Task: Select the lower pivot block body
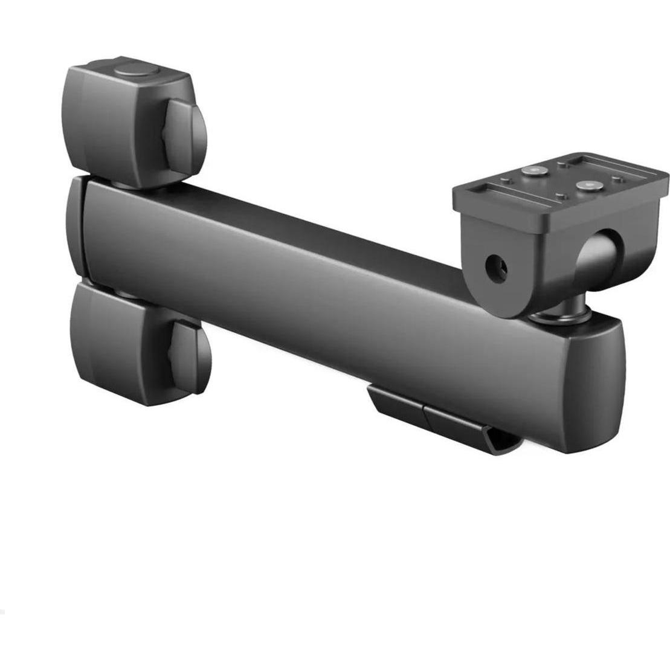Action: coord(118,341)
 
